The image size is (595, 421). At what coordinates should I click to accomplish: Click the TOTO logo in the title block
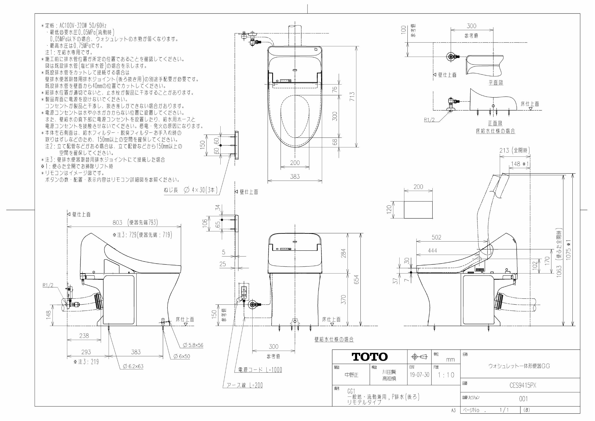tap(370, 357)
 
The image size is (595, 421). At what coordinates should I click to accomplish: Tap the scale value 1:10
tap(446, 375)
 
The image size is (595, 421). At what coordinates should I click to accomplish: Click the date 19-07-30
tap(419, 375)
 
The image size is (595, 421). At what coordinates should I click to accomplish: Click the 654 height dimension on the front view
tap(356, 280)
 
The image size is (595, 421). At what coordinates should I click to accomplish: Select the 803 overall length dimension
tap(118, 223)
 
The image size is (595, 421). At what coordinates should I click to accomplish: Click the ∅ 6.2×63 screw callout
tap(133, 366)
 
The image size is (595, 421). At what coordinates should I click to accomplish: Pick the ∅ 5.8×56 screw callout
tap(193, 345)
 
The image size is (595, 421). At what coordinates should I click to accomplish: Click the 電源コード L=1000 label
tap(260, 370)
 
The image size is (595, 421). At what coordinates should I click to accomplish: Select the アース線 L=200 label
tap(245, 385)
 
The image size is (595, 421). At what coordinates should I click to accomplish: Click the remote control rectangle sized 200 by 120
tap(418, 210)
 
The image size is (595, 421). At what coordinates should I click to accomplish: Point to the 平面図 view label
tap(495, 83)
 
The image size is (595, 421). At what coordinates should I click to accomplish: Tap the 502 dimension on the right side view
tap(436, 237)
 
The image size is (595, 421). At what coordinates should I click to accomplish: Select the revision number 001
tap(523, 399)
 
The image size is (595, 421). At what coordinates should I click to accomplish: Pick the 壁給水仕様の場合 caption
tap(334, 339)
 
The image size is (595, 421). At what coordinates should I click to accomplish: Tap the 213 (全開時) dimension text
tap(514, 150)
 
